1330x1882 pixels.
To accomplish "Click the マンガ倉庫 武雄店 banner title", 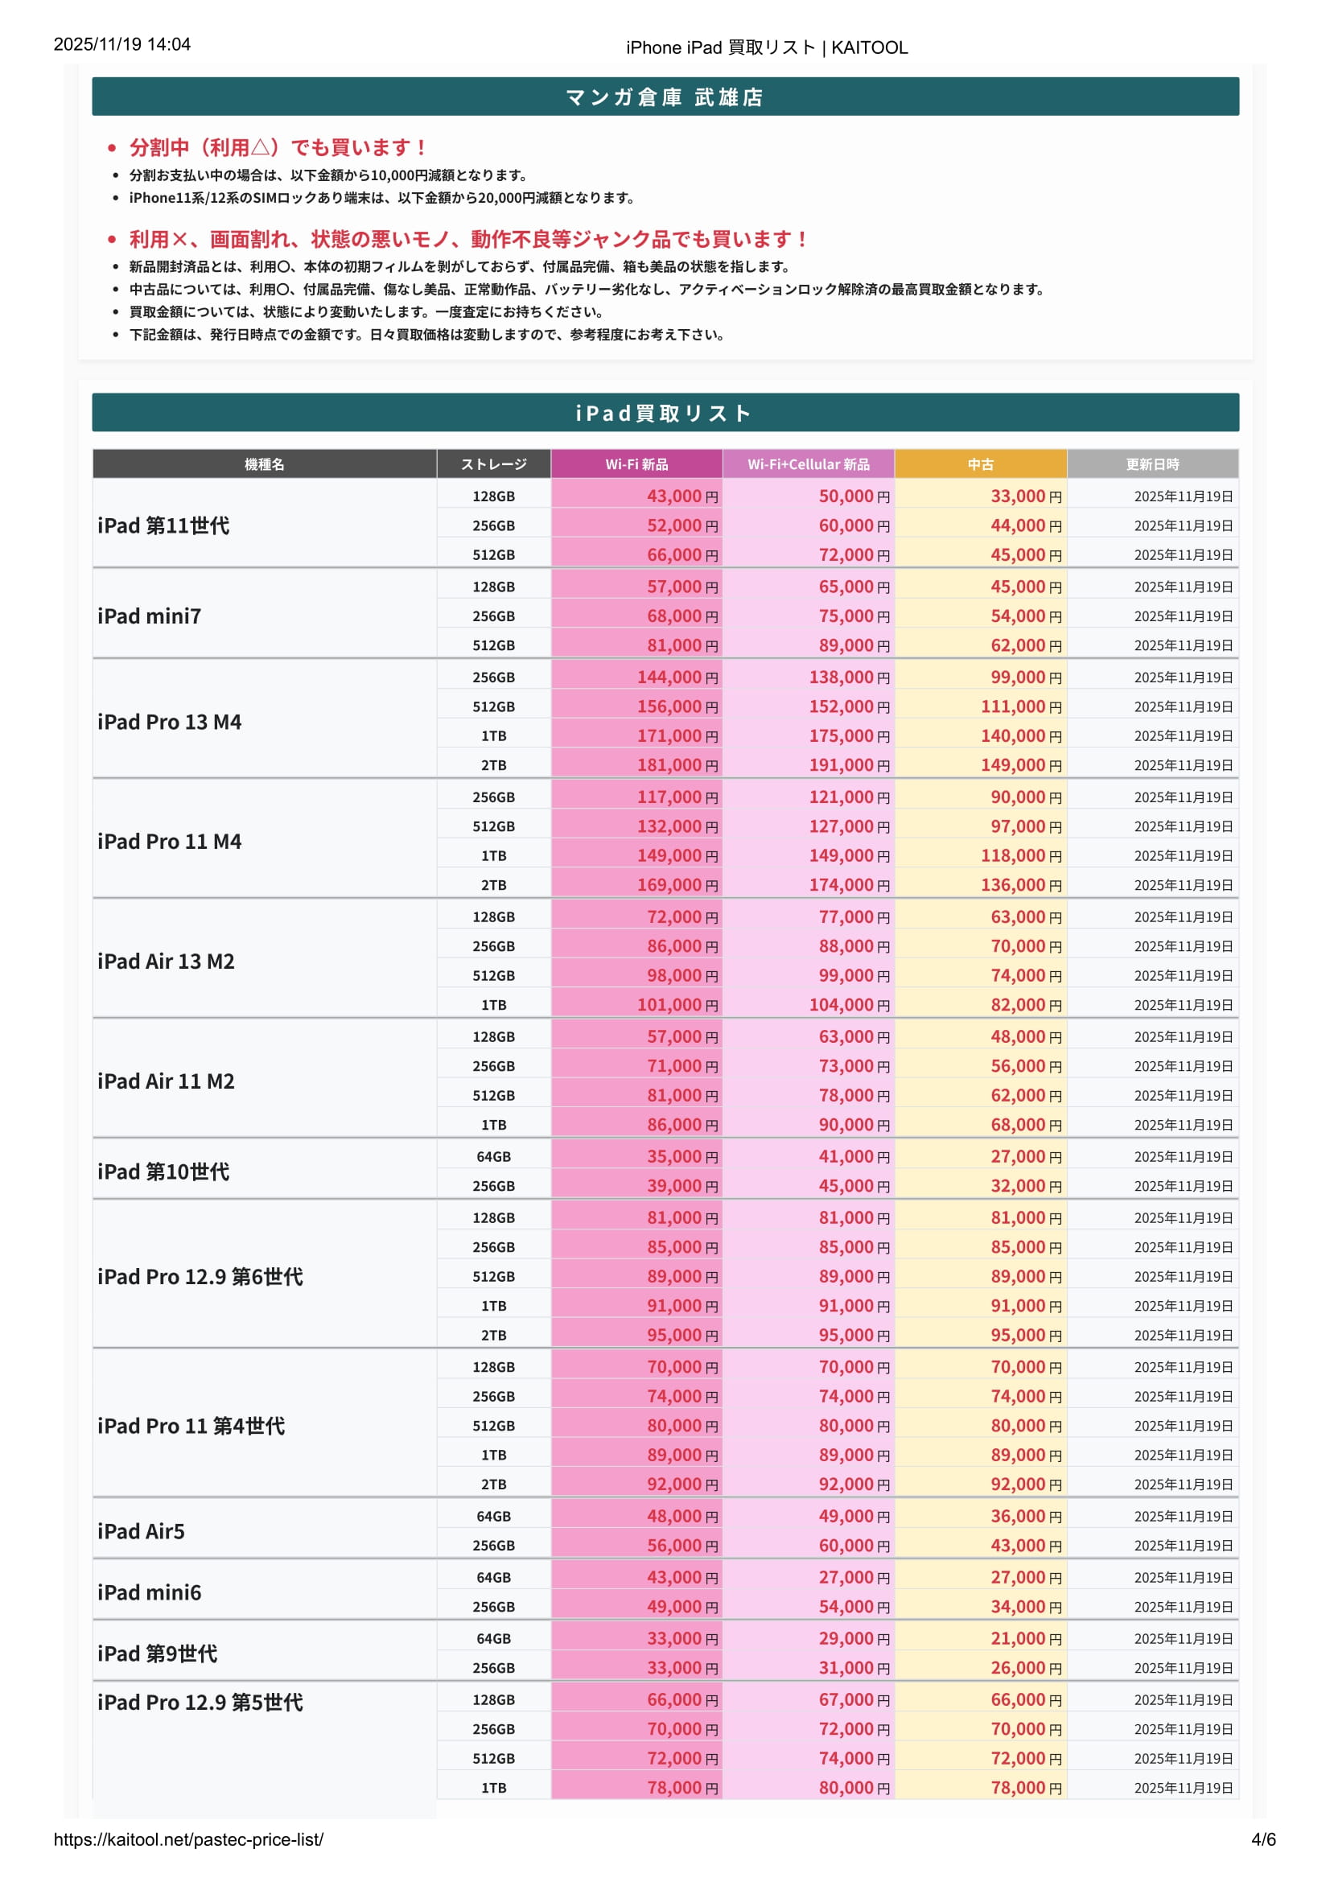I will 665,97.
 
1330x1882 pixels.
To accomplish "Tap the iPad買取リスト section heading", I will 665,413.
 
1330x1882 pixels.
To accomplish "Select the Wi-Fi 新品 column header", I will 636,464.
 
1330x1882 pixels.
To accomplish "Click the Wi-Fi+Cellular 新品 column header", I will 808,464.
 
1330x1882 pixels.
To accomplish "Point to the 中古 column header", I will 980,464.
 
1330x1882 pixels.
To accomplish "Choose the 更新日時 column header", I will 1152,464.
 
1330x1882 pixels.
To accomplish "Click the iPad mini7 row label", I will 149,616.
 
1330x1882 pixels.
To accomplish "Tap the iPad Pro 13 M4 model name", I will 170,722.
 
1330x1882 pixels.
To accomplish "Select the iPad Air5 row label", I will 141,1531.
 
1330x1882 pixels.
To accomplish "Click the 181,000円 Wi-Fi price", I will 677,765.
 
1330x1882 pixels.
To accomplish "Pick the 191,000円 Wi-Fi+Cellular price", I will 849,765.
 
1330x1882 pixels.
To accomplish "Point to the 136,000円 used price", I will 1021,885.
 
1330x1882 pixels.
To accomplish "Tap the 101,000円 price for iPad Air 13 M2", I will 677,1005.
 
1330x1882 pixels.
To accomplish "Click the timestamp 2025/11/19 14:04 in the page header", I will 122,44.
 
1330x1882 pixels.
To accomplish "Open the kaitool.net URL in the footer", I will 188,1839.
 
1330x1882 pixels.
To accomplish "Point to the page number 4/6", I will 1262,1839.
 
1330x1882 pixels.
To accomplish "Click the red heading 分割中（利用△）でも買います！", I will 277,147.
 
